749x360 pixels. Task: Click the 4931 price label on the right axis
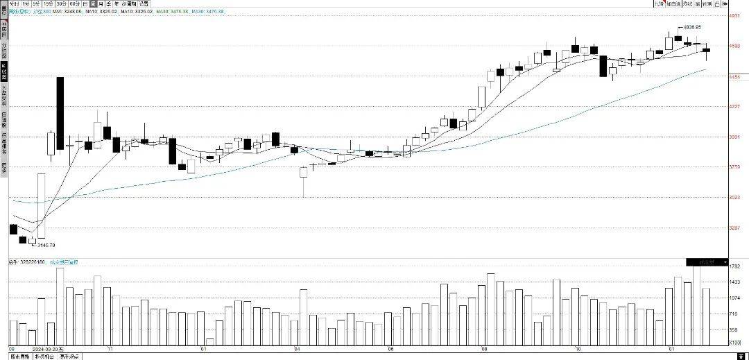[734, 15]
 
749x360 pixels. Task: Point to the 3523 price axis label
[734, 198]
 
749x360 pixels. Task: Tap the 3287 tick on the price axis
[734, 228]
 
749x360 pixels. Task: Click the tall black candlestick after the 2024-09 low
[60, 112]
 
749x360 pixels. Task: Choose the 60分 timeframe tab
[74, 3]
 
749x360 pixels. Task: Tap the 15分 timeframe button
[47, 3]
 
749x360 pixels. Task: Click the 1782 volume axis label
[735, 267]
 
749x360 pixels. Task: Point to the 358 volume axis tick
[734, 330]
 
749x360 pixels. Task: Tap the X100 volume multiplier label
[734, 343]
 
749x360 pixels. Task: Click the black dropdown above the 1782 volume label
[707, 262]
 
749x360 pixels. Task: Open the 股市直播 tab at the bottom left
[19, 357]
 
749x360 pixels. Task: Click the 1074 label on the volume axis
[735, 298]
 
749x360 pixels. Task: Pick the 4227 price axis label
[734, 106]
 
